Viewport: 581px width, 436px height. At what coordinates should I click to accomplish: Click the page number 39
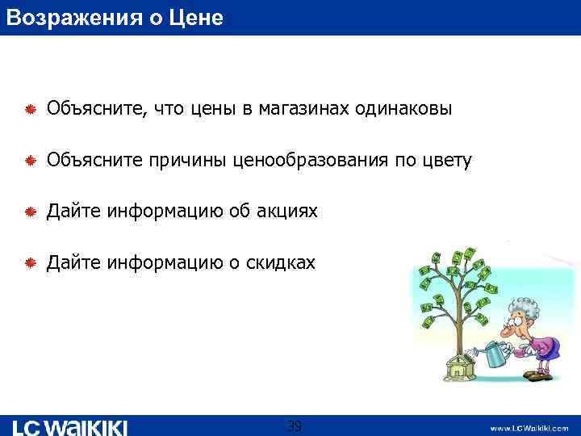295,426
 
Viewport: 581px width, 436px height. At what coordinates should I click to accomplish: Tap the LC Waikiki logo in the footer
71,426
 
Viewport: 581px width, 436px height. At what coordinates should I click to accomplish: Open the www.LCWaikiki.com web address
529,427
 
